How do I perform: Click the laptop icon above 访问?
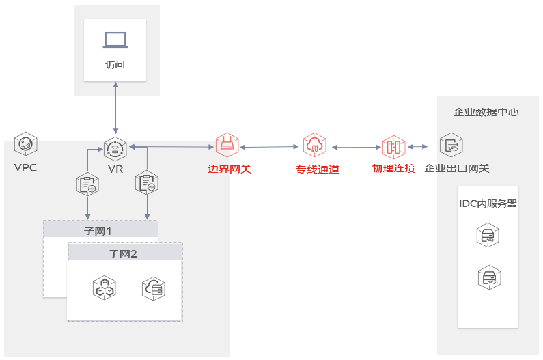pos(115,40)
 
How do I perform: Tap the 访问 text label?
pos(115,65)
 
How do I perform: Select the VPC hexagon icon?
pos(26,143)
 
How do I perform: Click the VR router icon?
pos(115,149)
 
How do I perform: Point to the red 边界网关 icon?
pos(227,145)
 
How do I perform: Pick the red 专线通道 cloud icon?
pos(314,145)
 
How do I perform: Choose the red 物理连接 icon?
pos(393,147)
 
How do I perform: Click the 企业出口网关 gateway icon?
pos(451,145)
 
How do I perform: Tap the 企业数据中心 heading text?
pos(486,112)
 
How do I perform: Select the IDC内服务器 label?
pos(488,204)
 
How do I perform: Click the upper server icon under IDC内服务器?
pos(488,235)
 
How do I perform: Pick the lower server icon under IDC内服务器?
pos(489,277)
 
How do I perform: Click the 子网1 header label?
pos(98,231)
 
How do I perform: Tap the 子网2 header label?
pos(123,254)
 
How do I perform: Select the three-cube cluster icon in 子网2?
pos(105,288)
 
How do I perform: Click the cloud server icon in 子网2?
pos(154,289)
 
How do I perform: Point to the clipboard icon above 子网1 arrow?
pos(87,184)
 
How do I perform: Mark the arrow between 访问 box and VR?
pos(115,108)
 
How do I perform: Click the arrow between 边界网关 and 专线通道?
pos(269,147)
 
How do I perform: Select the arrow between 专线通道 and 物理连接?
pos(357,148)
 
